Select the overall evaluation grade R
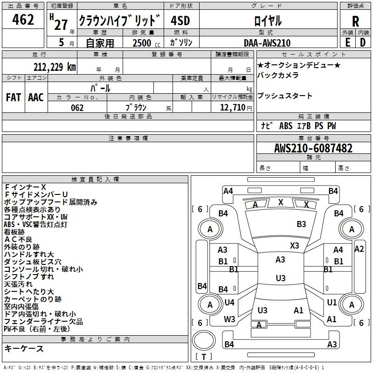coord(355,21)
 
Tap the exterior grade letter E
coord(347,42)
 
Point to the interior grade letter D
coord(363,42)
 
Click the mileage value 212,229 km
coord(55,67)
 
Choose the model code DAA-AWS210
coord(267,43)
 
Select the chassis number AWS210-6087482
coord(313,149)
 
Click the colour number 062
coord(77,108)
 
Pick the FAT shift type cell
coord(13,97)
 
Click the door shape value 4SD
coord(180,21)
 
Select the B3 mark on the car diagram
coord(301,224)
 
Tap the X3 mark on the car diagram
coord(294,245)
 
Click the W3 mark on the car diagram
coord(229,319)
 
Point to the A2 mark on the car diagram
coord(359,249)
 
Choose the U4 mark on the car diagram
coord(229,303)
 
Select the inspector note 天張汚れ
coord(19,284)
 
